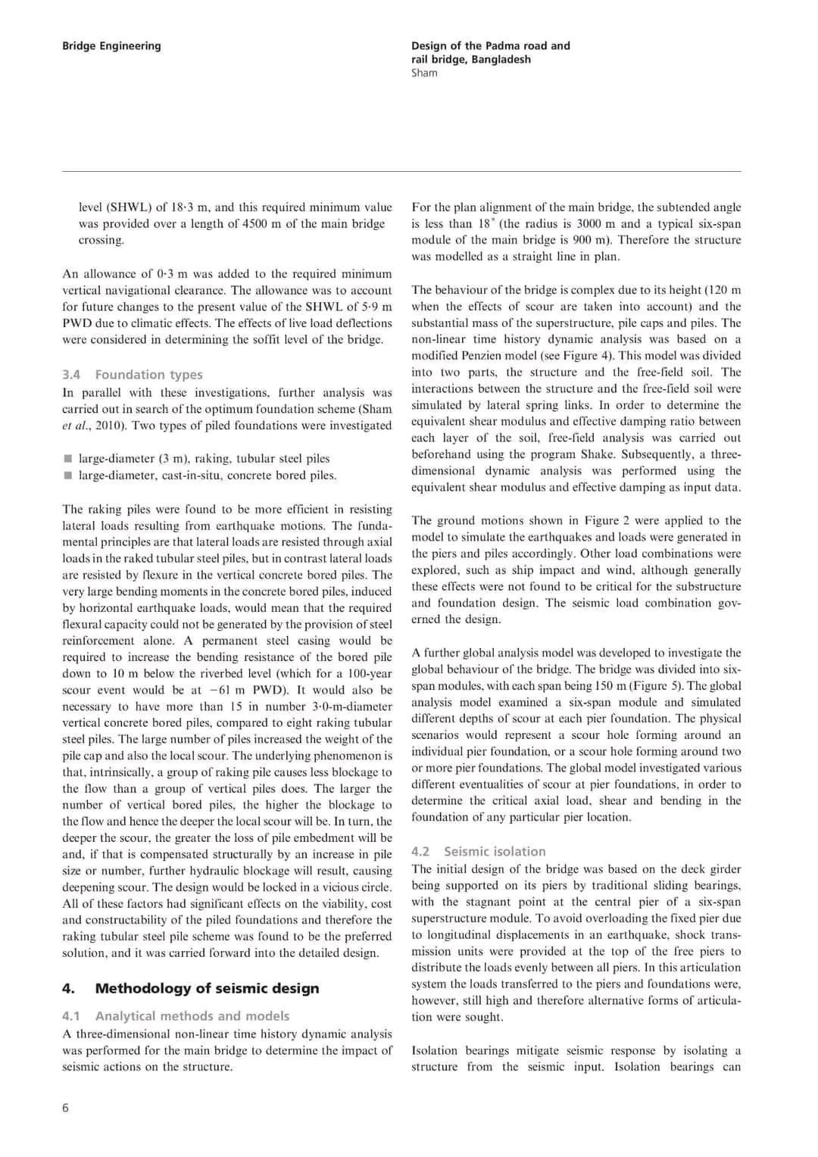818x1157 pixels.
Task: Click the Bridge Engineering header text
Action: pyautogui.click(x=111, y=45)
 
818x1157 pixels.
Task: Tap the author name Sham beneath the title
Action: pyautogui.click(x=424, y=73)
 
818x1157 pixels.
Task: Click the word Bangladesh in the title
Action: pyautogui.click(x=501, y=59)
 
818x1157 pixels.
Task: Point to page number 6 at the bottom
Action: pyautogui.click(x=65, y=1108)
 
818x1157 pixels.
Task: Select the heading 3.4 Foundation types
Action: pyautogui.click(x=133, y=374)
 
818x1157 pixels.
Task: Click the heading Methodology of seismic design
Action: pyautogui.click(x=207, y=988)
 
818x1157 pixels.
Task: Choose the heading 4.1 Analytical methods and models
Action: pyautogui.click(x=176, y=1015)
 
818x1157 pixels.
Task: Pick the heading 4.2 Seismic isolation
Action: pyautogui.click(x=479, y=851)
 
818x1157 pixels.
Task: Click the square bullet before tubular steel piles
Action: pyautogui.click(x=67, y=458)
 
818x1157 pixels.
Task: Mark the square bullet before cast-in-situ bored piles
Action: pyautogui.click(x=67, y=476)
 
